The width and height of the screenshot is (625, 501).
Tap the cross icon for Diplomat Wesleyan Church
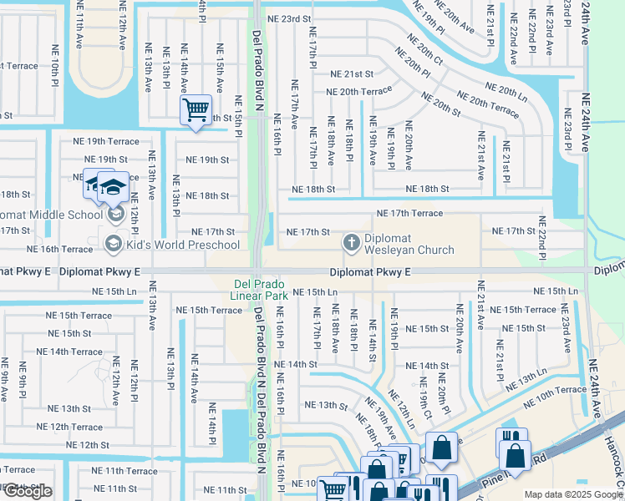pos(352,243)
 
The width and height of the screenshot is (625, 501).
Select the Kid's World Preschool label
pos(183,245)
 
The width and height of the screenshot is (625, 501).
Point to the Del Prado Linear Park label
pos(260,289)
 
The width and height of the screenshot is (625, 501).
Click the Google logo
pos(28,492)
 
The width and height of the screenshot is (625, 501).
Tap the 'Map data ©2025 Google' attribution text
pos(573,494)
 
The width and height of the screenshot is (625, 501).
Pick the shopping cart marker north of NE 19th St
pos(196,109)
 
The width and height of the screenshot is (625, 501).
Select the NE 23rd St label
pos(288,18)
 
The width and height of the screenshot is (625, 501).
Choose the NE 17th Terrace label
pos(409,214)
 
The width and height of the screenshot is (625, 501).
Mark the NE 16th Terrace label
pos(59,249)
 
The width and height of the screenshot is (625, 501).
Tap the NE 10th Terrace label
pos(555,390)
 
